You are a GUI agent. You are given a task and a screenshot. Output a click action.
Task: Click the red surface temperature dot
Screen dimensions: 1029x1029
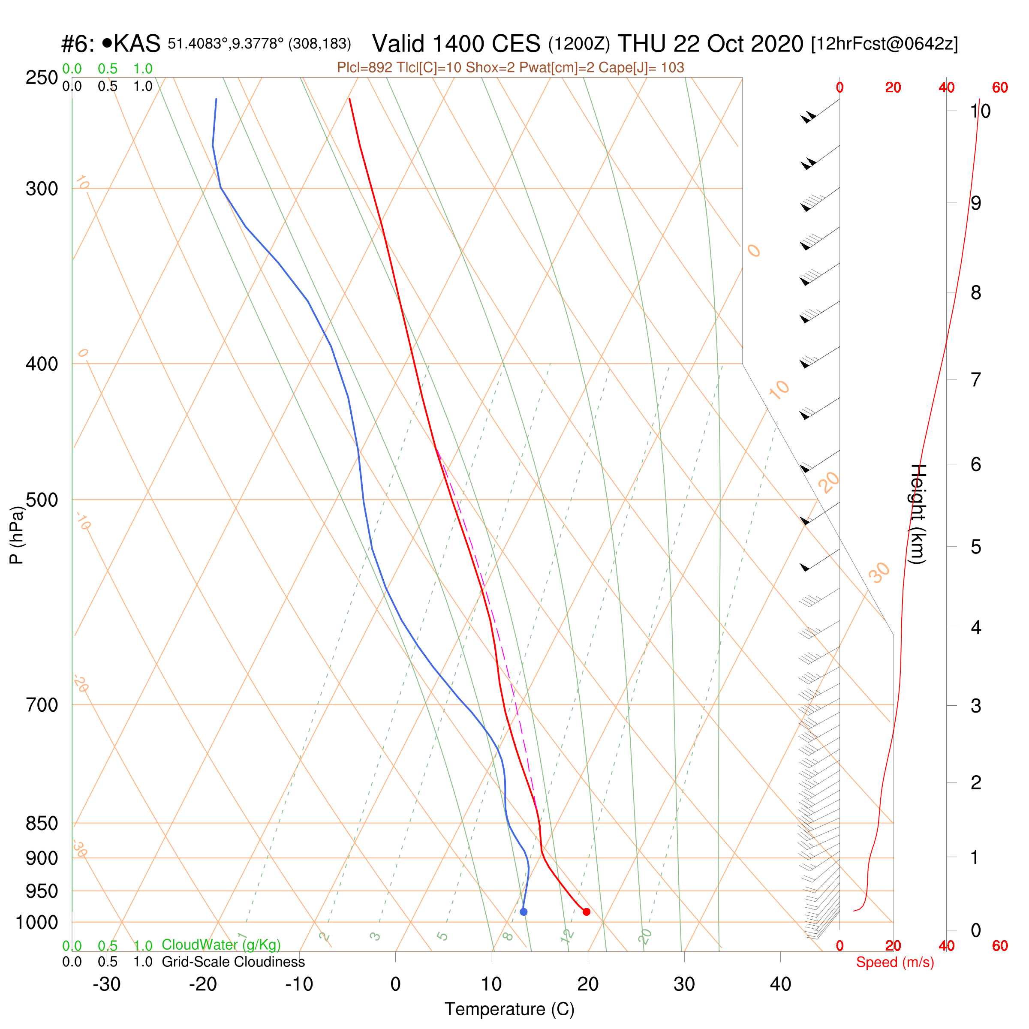click(x=587, y=912)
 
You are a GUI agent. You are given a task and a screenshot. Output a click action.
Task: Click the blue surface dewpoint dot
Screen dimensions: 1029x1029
click(x=524, y=912)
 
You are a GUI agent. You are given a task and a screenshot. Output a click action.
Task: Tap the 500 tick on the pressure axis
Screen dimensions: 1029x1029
click(x=42, y=500)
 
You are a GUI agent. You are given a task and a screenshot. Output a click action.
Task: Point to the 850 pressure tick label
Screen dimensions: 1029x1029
click(x=42, y=823)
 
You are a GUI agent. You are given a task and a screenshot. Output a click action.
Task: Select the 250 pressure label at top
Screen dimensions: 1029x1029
click(x=42, y=78)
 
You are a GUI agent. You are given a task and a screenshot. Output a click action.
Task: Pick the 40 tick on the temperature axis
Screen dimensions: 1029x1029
click(x=780, y=984)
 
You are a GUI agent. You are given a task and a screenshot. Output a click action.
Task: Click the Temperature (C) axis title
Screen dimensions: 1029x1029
click(x=510, y=1009)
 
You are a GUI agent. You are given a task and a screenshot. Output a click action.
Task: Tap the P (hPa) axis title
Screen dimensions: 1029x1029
click(x=17, y=535)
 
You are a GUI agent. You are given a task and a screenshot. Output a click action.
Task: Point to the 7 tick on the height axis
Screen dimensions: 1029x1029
click(x=976, y=380)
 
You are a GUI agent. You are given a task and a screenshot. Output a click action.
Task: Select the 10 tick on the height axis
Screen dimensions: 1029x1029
click(x=980, y=111)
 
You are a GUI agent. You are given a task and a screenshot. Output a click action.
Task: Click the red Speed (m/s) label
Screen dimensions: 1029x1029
click(x=895, y=963)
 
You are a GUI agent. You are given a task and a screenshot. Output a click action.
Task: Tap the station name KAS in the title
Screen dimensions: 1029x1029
click(x=137, y=44)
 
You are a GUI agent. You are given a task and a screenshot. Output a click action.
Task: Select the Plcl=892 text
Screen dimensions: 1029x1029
click(x=365, y=68)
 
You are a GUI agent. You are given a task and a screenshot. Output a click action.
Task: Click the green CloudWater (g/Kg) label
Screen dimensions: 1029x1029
click(x=221, y=945)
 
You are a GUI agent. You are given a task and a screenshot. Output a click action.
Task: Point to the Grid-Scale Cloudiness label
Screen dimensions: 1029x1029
click(x=233, y=962)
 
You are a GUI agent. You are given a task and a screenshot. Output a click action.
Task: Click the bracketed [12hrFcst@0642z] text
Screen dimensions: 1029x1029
click(x=884, y=44)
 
